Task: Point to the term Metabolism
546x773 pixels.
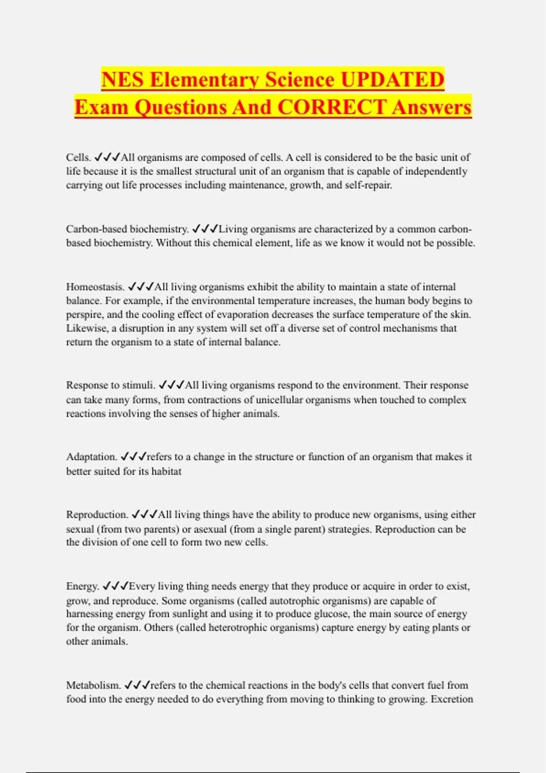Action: pyautogui.click(x=93, y=685)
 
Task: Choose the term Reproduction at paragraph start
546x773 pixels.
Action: pyautogui.click(x=97, y=515)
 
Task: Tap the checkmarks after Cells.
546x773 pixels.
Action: pyautogui.click(x=107, y=157)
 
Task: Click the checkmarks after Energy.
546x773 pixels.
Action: pyautogui.click(x=116, y=586)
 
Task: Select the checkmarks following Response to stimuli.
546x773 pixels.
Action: pyautogui.click(x=172, y=385)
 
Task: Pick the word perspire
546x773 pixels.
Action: pyautogui.click(x=85, y=315)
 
